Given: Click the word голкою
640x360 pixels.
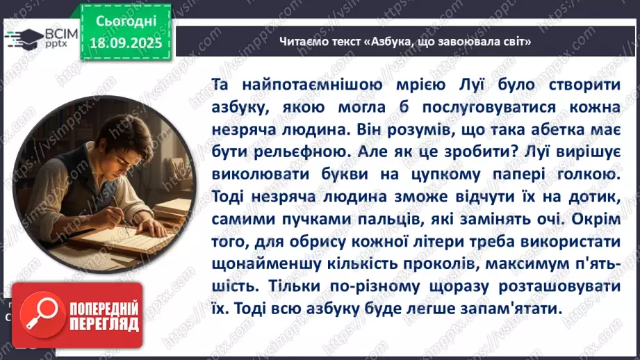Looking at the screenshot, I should point(584,174).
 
